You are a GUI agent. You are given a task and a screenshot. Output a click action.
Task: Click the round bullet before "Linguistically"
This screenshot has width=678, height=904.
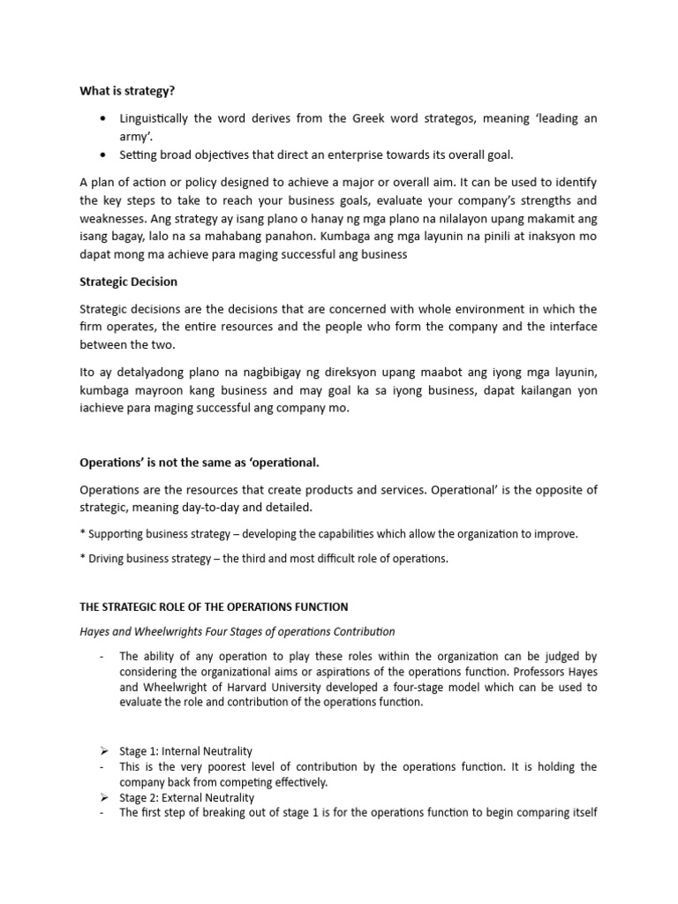tap(105, 119)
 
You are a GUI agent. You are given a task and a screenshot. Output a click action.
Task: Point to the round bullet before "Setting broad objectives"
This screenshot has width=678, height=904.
tap(105, 155)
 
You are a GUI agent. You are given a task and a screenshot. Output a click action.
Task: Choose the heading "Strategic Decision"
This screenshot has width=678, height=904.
tap(128, 282)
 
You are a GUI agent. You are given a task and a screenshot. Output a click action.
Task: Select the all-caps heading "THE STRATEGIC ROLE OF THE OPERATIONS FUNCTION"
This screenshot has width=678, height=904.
tap(214, 606)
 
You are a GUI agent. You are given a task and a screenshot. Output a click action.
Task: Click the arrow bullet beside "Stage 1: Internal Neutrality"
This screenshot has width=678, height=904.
tap(103, 750)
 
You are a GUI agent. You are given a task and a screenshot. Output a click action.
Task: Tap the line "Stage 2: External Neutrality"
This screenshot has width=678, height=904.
tap(185, 798)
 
